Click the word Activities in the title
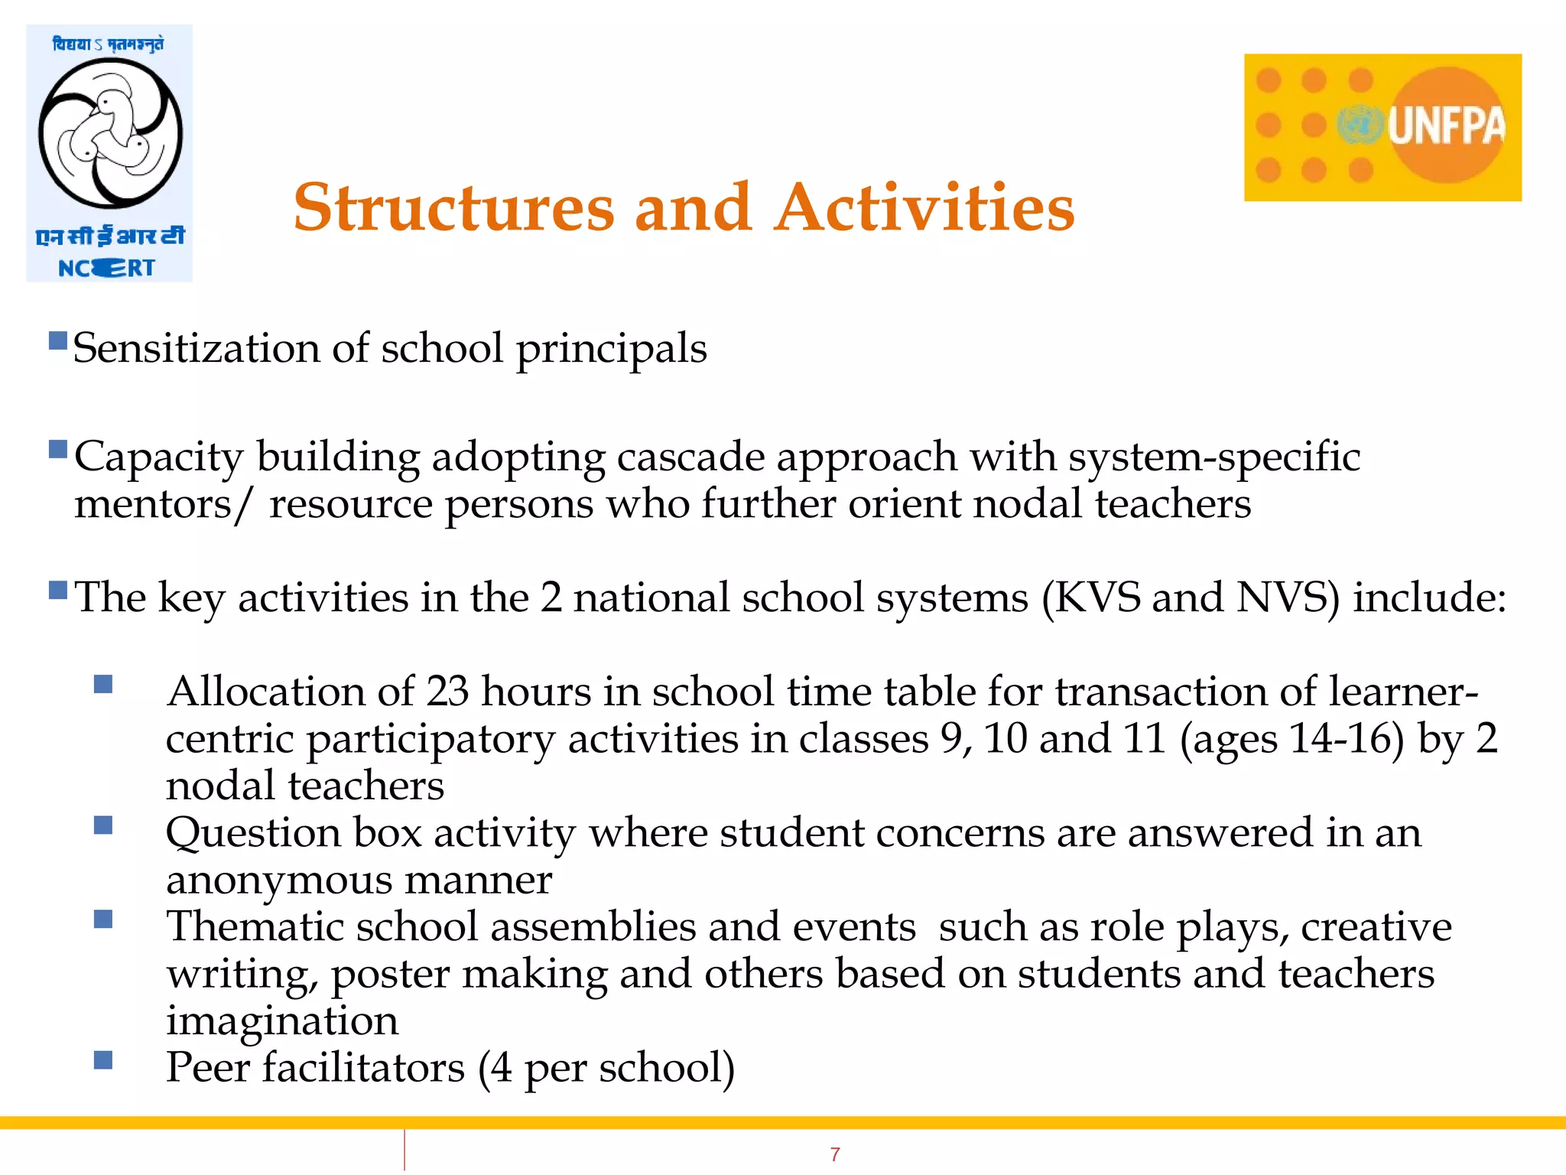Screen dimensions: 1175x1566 924,208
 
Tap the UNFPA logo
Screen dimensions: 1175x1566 1382,127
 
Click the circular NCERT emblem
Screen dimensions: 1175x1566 110,134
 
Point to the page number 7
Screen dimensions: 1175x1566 835,1154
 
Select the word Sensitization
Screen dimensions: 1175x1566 196,349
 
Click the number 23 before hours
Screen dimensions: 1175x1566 447,692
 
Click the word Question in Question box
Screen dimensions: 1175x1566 253,834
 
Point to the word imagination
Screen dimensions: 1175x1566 282,1021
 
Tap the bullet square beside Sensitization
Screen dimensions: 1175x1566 58,340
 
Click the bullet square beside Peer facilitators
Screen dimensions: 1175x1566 103,1059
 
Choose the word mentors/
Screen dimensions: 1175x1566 161,505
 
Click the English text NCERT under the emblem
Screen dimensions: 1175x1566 107,269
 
